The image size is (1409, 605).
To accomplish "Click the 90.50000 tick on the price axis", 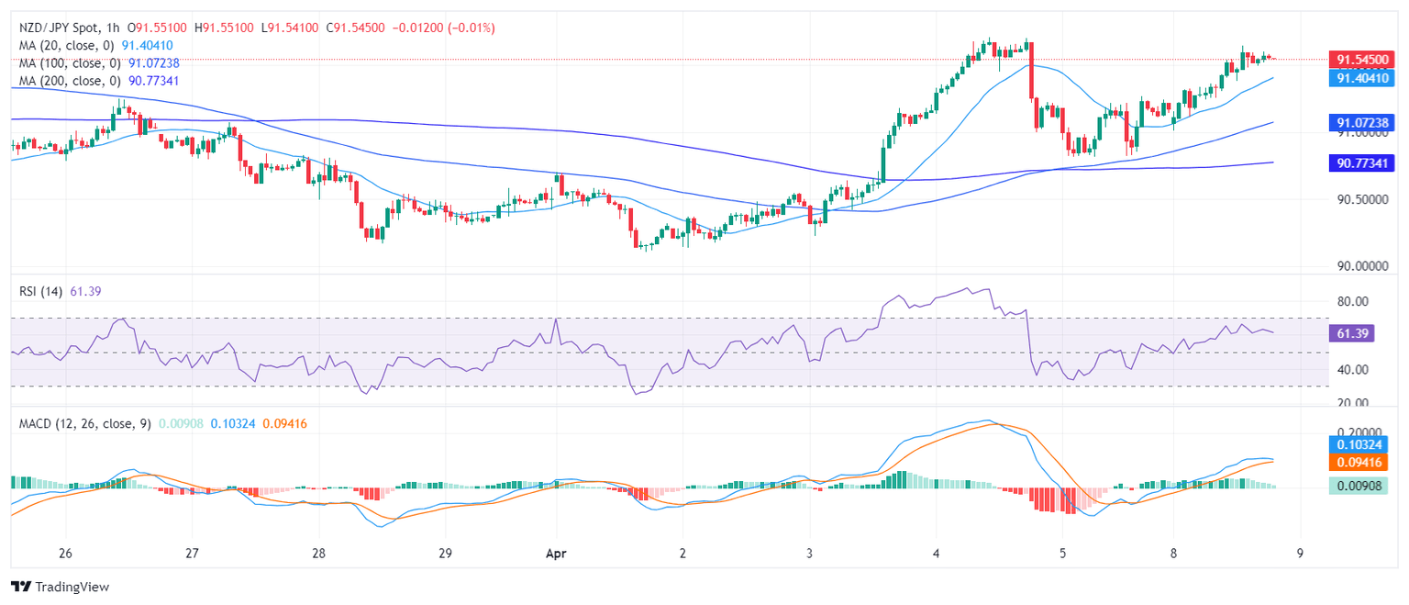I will point(1360,199).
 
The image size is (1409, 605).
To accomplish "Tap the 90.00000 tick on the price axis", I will point(1360,266).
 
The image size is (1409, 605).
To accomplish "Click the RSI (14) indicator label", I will point(41,291).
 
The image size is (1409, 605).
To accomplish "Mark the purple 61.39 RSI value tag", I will point(1351,333).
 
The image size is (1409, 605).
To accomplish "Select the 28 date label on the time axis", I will point(318,554).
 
